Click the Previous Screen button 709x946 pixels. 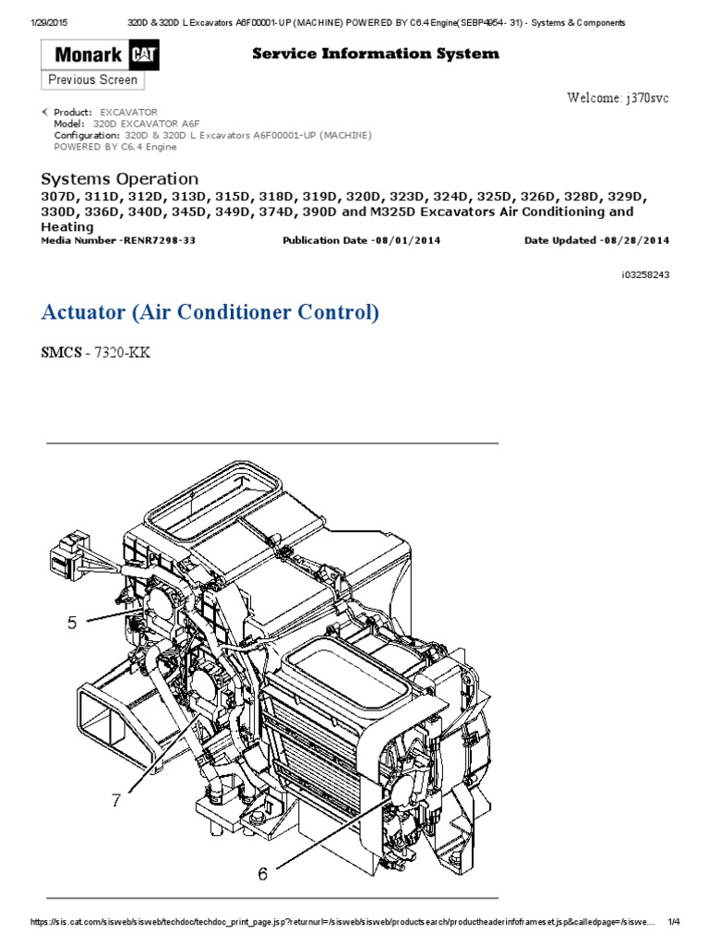tap(92, 80)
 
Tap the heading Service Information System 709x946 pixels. tap(376, 54)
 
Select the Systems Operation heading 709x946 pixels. tap(120, 178)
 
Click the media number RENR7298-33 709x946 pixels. tap(158, 240)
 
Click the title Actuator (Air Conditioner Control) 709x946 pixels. tap(210, 312)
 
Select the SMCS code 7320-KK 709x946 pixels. tap(130, 353)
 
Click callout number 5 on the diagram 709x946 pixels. tap(72, 623)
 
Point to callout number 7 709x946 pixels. tap(116, 801)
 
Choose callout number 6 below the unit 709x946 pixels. tap(262, 873)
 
